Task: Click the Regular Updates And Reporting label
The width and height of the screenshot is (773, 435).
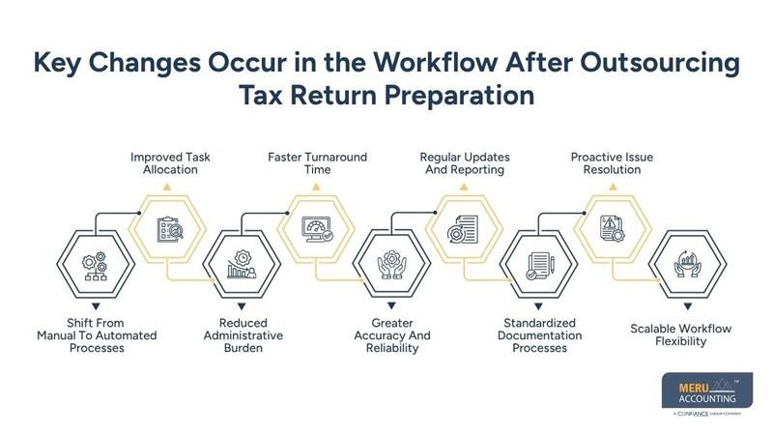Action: click(x=464, y=162)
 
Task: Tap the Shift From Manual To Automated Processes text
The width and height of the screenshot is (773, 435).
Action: click(x=96, y=335)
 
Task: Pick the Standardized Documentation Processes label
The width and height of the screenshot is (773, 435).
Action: click(x=539, y=335)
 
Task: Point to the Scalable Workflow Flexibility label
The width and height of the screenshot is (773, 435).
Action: click(x=681, y=334)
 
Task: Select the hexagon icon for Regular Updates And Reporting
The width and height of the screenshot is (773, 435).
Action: click(x=461, y=229)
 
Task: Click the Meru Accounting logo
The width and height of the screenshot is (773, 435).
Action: click(x=701, y=393)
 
